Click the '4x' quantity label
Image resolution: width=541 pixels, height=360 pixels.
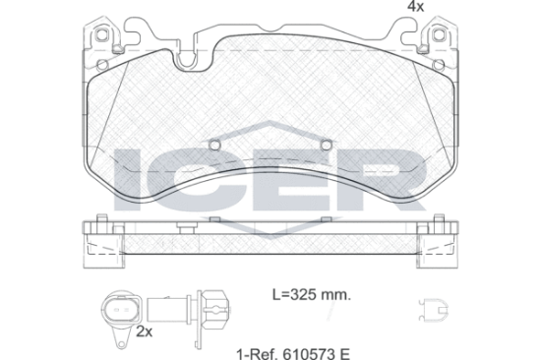(416, 6)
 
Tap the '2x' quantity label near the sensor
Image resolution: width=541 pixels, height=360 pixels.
(145, 331)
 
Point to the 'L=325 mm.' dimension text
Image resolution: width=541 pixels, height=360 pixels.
(312, 294)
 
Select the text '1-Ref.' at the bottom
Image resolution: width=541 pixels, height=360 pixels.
(258, 354)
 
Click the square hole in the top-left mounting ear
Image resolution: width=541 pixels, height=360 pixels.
(101, 34)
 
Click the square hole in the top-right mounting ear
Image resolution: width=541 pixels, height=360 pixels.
(438, 34)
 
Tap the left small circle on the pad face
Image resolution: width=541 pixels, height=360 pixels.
(214, 145)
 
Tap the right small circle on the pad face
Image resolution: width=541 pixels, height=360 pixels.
(326, 145)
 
